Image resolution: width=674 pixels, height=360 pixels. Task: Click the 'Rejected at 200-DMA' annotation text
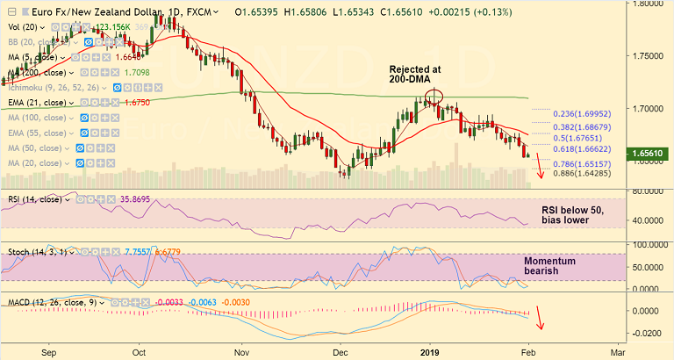coord(415,74)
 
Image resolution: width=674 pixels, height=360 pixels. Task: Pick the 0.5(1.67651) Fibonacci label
coord(584,139)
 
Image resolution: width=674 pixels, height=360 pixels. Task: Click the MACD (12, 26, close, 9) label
coord(52,302)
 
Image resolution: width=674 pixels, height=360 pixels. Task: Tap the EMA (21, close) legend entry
coord(41,103)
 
